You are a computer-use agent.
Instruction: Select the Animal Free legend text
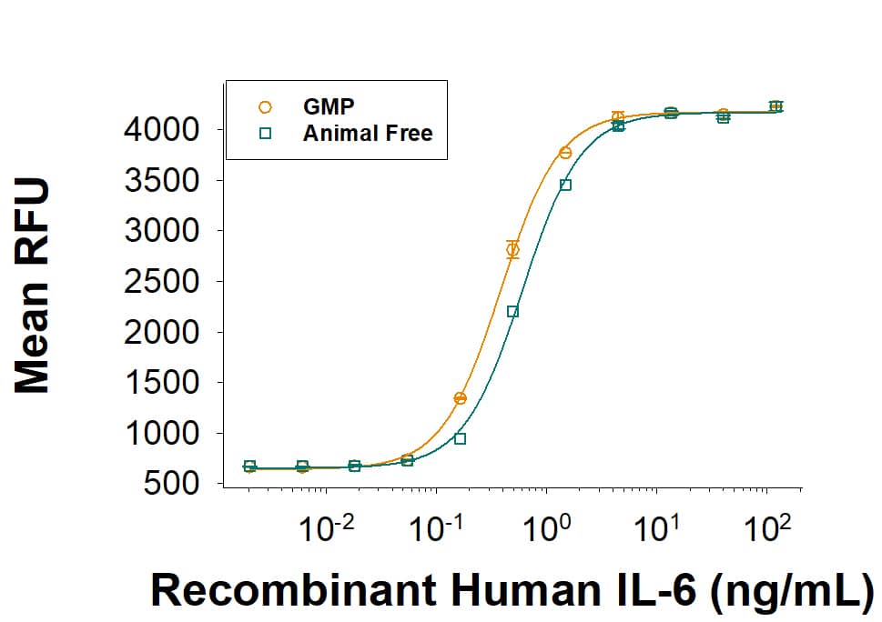pos(367,133)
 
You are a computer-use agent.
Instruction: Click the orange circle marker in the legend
pos(266,107)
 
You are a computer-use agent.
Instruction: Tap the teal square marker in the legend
pos(266,133)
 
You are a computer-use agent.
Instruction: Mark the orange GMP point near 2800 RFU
pos(512,249)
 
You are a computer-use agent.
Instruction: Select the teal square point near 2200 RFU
pos(512,311)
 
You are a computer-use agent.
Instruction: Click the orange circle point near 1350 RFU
pos(460,398)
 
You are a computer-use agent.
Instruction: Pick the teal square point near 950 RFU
pos(460,438)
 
